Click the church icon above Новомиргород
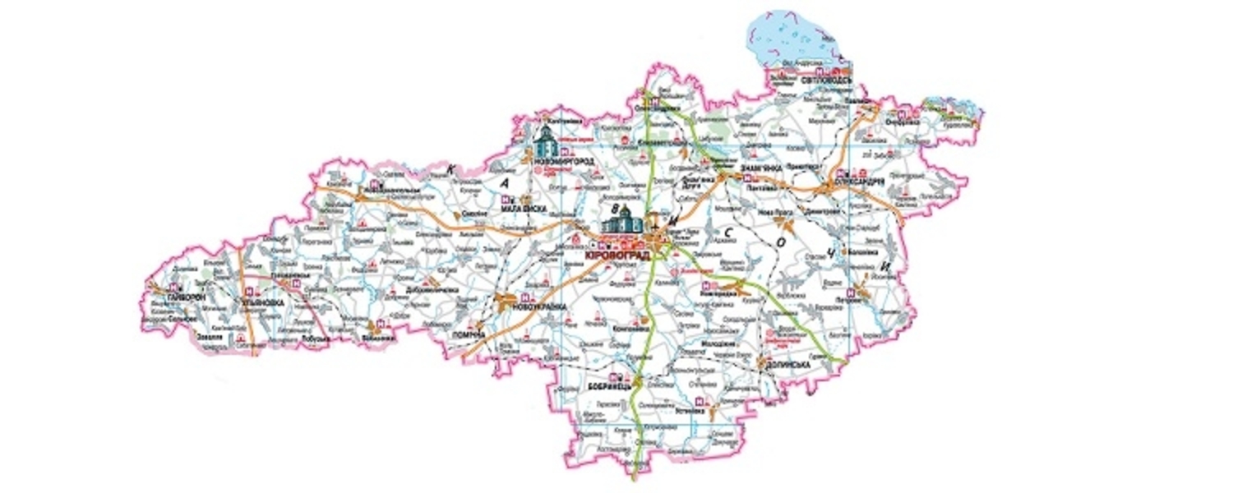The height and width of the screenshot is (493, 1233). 547,143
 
